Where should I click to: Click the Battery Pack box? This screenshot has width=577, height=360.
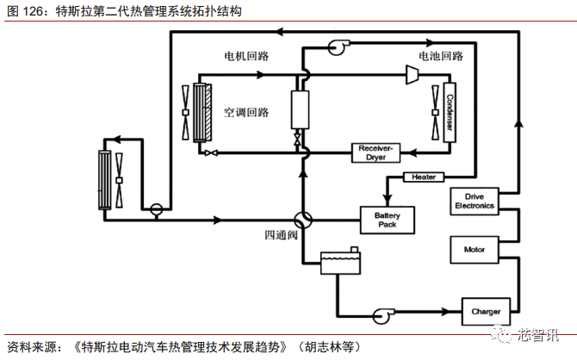point(387,220)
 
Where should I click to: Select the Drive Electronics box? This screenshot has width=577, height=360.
point(474,202)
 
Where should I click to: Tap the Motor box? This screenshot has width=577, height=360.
point(474,250)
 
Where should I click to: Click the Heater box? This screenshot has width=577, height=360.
point(424,177)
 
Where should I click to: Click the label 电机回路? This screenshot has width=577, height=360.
point(247,56)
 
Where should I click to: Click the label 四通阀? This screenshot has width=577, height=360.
point(281,235)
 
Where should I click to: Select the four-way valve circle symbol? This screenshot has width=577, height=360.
point(302,220)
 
